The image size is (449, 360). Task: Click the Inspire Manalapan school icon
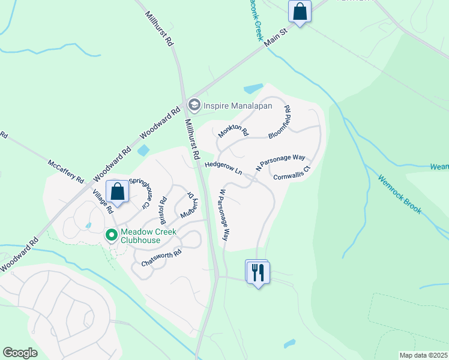pyautogui.click(x=194, y=106)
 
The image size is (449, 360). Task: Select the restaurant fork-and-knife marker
pyautogui.click(x=258, y=272)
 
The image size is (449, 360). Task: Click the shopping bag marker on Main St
pyautogui.click(x=299, y=11)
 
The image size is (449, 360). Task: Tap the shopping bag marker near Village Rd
pyautogui.click(x=118, y=192)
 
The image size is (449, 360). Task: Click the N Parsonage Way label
pyautogui.click(x=280, y=163)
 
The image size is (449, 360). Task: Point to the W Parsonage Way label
pyautogui.click(x=224, y=215)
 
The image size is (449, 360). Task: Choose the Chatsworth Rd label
pyautogui.click(x=161, y=259)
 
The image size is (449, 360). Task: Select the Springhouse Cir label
pyautogui.click(x=139, y=192)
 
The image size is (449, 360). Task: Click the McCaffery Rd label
pyautogui.click(x=67, y=172)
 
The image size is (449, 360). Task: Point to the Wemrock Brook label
pyautogui.click(x=400, y=194)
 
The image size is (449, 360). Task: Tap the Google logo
pyautogui.click(x=20, y=353)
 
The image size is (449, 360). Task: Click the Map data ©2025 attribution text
pyautogui.click(x=423, y=355)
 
